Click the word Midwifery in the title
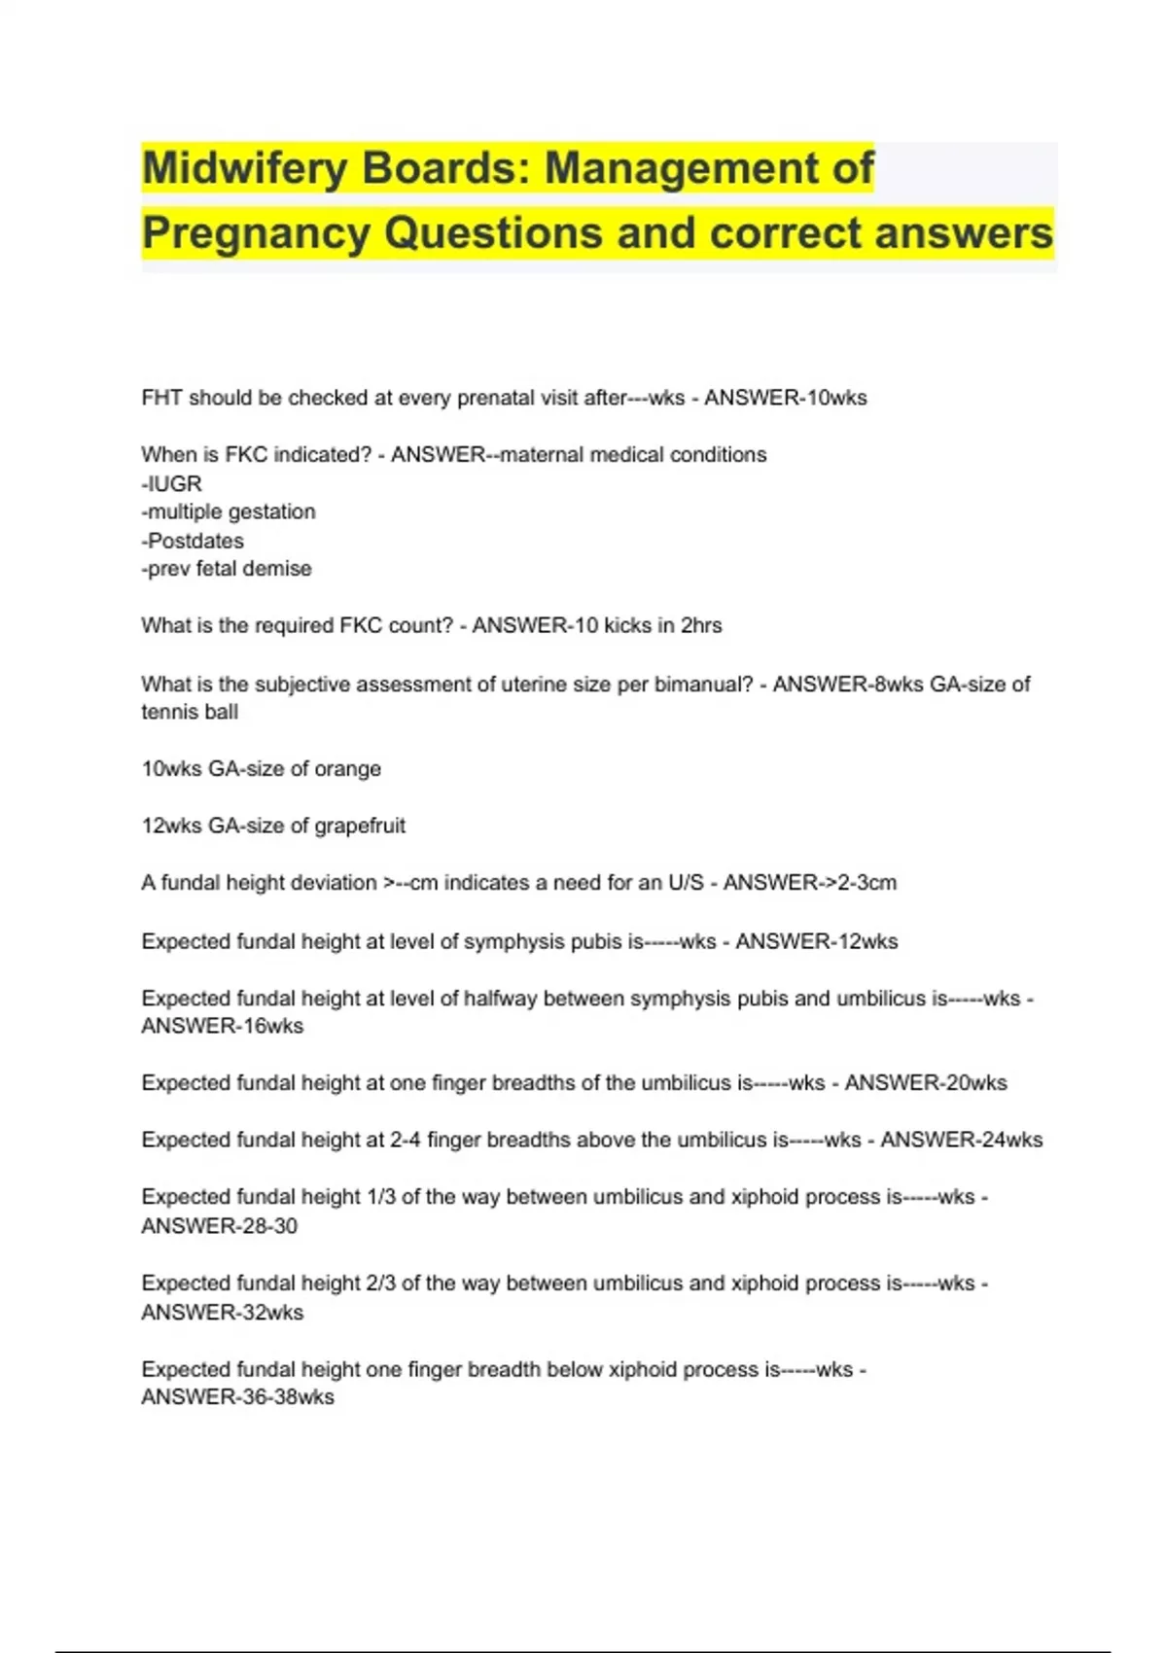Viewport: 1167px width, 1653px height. (244, 168)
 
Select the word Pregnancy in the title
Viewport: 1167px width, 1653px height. (255, 233)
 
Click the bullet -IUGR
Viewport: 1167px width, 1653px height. (171, 483)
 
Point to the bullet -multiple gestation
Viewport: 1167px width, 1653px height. (229, 511)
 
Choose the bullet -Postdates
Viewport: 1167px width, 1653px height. (193, 541)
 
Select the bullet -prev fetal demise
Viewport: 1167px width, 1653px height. (227, 569)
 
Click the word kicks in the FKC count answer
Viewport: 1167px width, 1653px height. (627, 625)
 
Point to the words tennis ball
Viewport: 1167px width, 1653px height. (190, 712)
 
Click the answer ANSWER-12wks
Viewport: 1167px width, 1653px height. (816, 941)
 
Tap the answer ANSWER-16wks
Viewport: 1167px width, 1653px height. (222, 1026)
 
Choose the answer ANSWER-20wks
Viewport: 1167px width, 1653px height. (925, 1082)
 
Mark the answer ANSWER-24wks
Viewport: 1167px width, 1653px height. (961, 1140)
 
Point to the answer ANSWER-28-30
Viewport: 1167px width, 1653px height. (219, 1226)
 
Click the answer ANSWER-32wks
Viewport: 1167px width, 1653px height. (222, 1313)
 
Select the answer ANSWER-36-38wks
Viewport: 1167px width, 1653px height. (237, 1397)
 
